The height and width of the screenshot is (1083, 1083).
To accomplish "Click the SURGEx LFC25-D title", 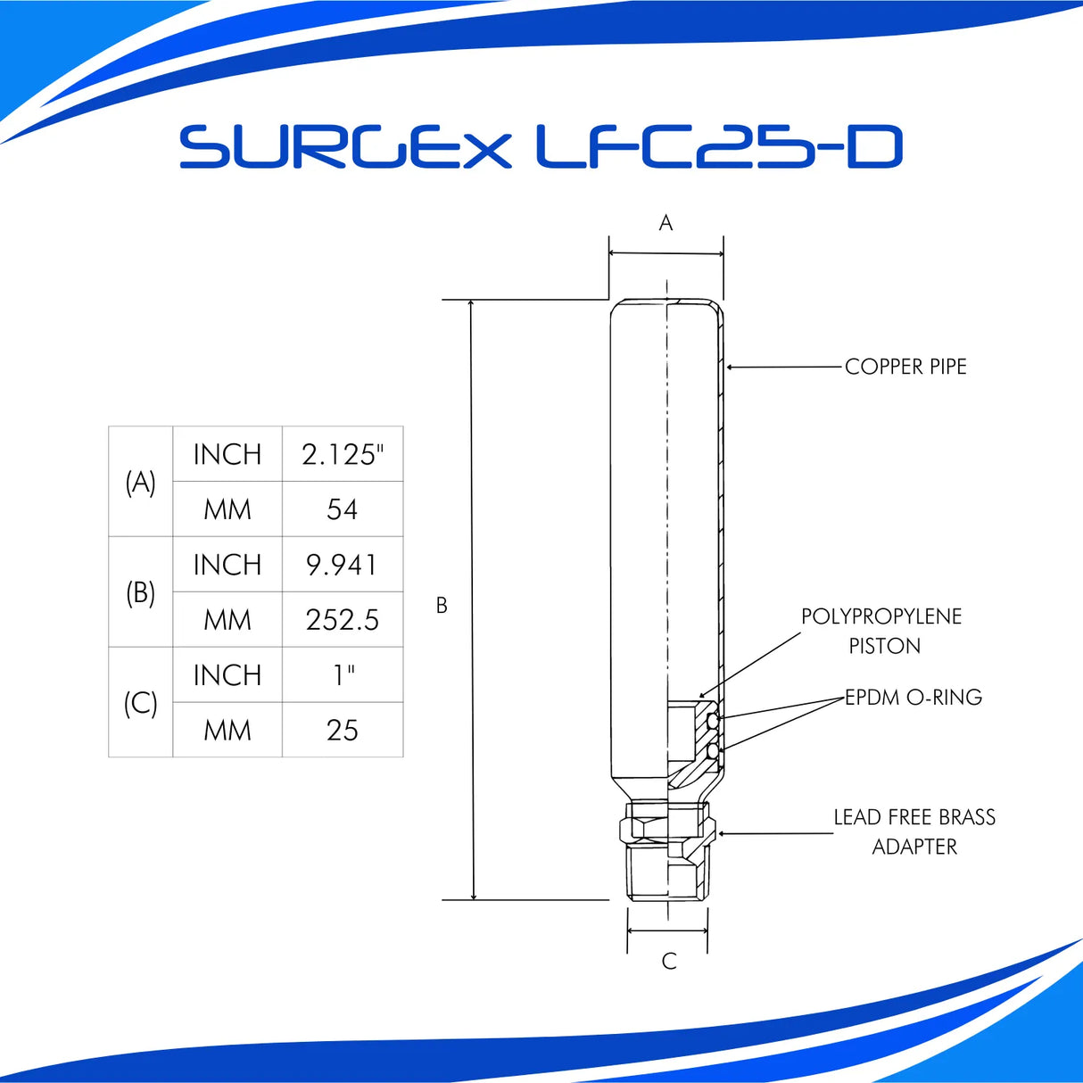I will click(x=541, y=147).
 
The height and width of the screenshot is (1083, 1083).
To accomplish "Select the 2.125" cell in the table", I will click(x=343, y=454).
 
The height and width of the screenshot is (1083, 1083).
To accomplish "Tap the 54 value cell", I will click(x=343, y=509).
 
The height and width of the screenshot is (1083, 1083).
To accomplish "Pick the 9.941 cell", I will click(x=343, y=565).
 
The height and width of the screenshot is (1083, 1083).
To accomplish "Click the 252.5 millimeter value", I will click(x=343, y=620).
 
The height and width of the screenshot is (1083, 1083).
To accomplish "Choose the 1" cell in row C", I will click(x=343, y=675).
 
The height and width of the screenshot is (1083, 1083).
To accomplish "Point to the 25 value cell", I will click(x=343, y=731).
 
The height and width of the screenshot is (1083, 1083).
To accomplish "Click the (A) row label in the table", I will click(x=140, y=482).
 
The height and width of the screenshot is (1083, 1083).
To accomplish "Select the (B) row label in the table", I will click(x=140, y=592).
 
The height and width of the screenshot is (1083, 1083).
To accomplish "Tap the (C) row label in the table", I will click(x=140, y=703).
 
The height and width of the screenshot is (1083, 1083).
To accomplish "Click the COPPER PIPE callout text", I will click(x=905, y=367).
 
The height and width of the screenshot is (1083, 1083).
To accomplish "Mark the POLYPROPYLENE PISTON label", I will click(x=881, y=631).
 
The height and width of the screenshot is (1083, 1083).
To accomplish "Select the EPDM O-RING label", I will click(x=914, y=698).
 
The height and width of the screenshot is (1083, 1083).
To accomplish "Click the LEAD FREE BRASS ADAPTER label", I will click(x=914, y=831).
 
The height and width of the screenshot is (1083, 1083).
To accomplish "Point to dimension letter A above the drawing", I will click(x=666, y=223).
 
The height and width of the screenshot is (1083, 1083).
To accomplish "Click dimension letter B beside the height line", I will click(x=442, y=606).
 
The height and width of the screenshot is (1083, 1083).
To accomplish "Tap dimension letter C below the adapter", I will click(x=669, y=961).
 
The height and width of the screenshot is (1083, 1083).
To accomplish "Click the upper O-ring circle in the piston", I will click(x=712, y=720).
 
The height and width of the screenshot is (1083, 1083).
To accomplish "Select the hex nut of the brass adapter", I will click(x=667, y=824).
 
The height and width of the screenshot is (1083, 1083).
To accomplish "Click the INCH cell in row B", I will click(x=227, y=565).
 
